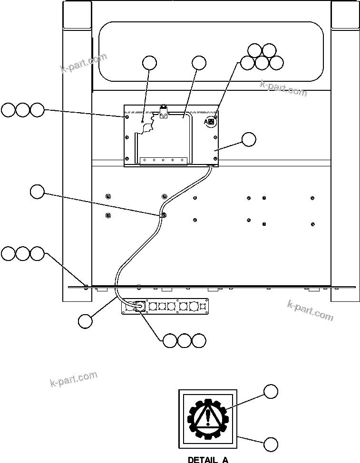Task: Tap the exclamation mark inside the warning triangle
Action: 208,416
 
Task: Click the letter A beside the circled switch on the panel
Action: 206,122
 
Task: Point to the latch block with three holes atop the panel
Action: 164,113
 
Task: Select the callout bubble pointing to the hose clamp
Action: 37,192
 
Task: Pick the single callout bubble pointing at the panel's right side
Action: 248,139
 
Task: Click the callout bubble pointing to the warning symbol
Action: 271,391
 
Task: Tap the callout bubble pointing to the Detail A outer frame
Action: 271,444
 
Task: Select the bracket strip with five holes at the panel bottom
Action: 163,160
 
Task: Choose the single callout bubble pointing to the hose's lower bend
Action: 86,321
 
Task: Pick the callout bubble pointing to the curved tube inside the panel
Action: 199,63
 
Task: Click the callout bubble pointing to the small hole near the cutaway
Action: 149,63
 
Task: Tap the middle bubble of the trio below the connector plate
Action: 185,340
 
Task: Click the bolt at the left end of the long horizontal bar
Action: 86,286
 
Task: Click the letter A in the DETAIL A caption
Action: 224,460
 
